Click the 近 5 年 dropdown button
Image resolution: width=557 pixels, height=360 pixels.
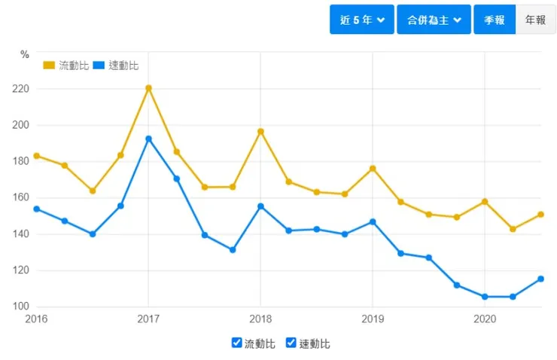[361, 20]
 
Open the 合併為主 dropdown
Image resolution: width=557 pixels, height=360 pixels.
[433, 20]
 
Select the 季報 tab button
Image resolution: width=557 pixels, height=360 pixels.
[494, 20]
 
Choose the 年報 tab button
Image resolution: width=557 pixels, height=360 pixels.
[535, 20]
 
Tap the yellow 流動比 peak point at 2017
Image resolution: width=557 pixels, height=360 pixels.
[148, 88]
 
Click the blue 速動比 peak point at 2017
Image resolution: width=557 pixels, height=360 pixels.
[148, 139]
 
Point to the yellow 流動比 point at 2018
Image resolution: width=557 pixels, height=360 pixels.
[260, 132]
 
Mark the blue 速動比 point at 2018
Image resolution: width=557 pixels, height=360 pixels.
[260, 206]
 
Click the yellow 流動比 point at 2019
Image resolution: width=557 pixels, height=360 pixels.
[373, 169]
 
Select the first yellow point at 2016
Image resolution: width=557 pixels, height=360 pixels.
[36, 156]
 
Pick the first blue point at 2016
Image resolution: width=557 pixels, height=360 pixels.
[36, 209]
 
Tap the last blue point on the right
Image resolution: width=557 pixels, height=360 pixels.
[540, 279]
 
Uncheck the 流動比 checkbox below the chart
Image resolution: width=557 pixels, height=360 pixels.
[237, 343]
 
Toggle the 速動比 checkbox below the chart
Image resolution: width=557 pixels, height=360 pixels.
[291, 343]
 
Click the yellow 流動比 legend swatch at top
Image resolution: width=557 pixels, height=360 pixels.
[50, 66]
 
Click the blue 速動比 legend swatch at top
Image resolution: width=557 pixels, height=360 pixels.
[99, 66]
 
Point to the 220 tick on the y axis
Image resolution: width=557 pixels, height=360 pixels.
[20, 89]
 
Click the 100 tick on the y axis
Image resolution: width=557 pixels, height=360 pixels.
[20, 307]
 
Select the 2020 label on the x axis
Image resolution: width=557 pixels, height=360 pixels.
[485, 319]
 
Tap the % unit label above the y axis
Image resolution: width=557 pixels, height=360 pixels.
[25, 54]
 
